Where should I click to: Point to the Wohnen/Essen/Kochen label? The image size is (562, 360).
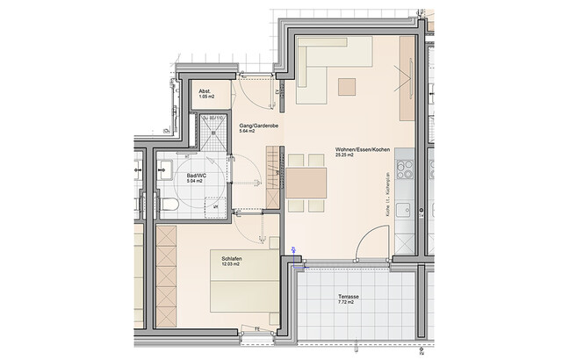[356, 149]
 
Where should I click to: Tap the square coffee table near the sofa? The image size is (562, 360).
[348, 86]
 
